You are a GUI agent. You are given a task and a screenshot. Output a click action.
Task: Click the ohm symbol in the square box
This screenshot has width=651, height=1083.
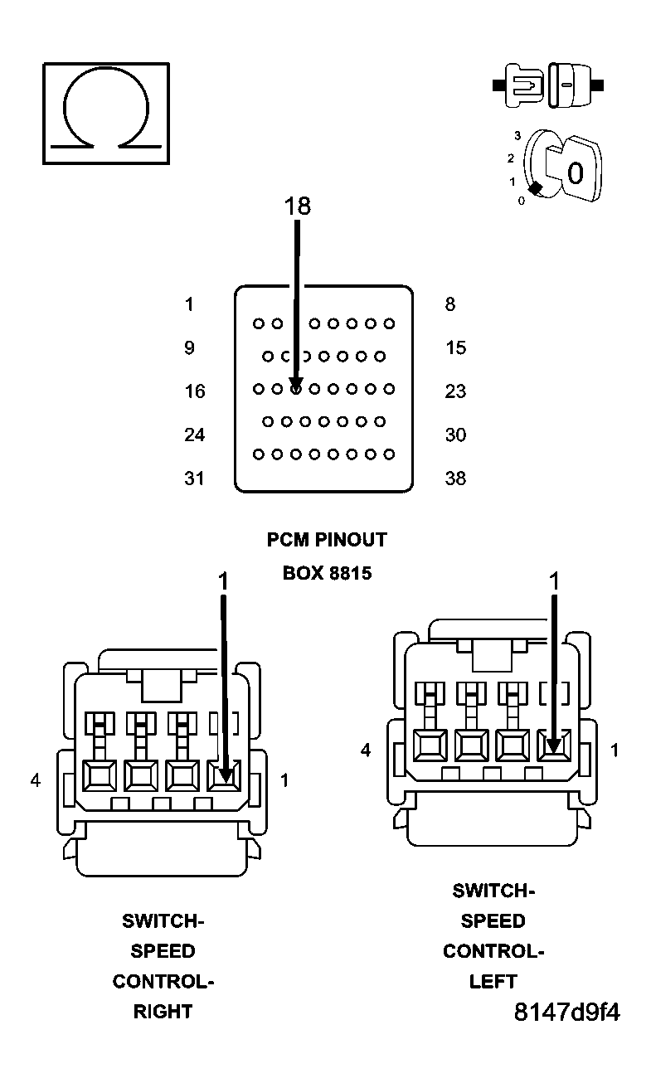(x=105, y=113)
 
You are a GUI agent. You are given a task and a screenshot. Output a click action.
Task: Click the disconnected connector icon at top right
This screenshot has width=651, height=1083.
(x=548, y=85)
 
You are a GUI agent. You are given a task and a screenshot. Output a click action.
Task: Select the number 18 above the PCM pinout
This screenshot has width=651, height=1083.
(x=297, y=206)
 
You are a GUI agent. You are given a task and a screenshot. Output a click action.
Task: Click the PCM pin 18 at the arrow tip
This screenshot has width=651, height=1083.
(x=296, y=388)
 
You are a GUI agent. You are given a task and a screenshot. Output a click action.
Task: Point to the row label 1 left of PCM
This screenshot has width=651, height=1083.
(x=189, y=305)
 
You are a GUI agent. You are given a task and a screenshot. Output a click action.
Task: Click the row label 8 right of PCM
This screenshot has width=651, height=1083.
(x=449, y=305)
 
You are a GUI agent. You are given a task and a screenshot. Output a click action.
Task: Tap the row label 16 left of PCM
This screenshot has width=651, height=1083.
(x=194, y=391)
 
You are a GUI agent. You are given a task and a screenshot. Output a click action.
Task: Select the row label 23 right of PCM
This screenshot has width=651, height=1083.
(x=455, y=391)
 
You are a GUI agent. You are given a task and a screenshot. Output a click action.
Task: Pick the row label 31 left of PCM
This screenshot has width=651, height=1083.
(x=194, y=478)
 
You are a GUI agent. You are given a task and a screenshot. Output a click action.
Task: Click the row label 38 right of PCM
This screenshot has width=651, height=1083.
(x=455, y=478)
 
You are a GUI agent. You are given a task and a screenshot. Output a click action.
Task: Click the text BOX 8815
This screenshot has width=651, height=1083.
(x=327, y=573)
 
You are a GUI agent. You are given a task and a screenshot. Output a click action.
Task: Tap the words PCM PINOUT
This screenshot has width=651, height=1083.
(x=327, y=540)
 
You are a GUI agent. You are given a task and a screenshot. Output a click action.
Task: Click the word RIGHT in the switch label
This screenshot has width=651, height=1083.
(x=163, y=1012)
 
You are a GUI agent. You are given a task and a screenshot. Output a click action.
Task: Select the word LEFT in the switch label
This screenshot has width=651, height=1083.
(x=493, y=982)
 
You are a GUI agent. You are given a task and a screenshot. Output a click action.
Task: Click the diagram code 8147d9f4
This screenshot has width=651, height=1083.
(x=567, y=1013)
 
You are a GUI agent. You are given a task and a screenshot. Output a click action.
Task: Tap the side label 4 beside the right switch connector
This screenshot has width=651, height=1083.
(x=35, y=780)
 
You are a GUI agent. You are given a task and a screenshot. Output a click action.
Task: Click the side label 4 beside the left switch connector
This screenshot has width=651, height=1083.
(x=366, y=750)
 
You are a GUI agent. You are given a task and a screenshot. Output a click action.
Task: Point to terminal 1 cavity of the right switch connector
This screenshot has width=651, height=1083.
(x=224, y=775)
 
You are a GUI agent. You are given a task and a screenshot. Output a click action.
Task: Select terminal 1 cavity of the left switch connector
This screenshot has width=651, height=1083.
(x=553, y=745)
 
